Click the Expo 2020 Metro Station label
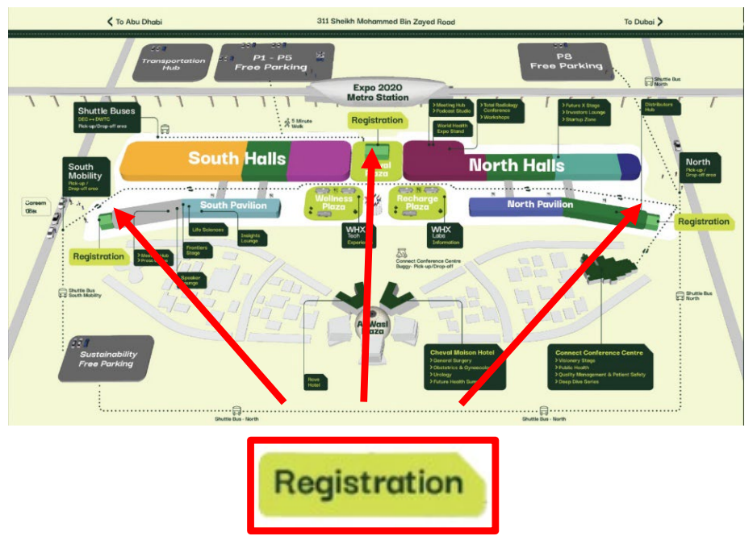click(378, 92)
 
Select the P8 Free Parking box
click(571, 60)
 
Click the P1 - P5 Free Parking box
click(271, 61)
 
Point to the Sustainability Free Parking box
click(107, 359)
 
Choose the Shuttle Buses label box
click(107, 118)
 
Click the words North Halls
click(517, 165)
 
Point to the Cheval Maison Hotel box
click(465, 368)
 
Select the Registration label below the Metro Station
click(377, 121)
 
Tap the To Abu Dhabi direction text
click(134, 22)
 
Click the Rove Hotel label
click(313, 382)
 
